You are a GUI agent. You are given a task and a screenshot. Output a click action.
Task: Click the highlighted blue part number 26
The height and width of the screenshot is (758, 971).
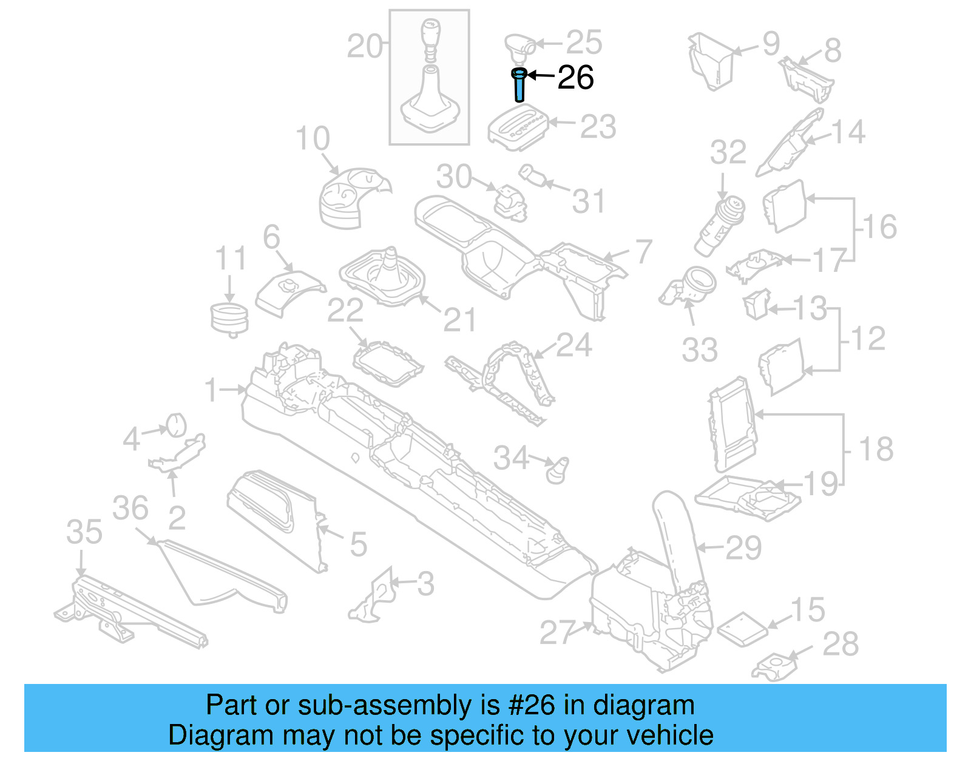519,85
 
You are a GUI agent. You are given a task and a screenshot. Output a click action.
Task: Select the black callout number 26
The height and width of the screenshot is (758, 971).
575,78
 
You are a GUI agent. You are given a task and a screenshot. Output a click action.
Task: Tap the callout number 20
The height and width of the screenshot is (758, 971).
365,46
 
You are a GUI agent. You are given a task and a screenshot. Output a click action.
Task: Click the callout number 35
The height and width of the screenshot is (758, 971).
84,532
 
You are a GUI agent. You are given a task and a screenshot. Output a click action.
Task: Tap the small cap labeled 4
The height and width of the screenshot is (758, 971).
175,424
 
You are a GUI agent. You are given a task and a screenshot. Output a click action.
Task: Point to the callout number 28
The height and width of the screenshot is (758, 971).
841,644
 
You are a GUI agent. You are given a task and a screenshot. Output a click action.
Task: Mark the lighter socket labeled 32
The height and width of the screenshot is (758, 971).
722,226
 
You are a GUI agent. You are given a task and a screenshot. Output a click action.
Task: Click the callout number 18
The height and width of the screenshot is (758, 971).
876,450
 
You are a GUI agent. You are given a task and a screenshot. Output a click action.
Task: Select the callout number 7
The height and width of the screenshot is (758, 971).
643,251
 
